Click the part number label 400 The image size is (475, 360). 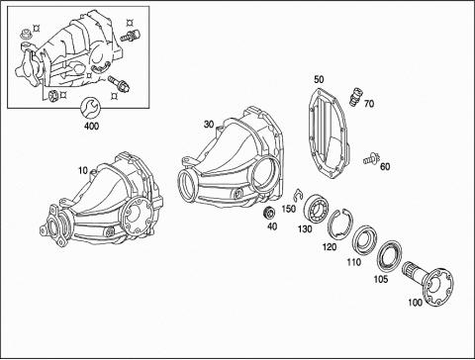point(91,126)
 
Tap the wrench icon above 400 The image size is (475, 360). point(89,107)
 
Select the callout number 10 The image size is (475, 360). point(83,170)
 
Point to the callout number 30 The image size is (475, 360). point(209,125)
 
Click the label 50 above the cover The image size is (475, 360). point(319,79)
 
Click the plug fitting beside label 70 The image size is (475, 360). point(355,96)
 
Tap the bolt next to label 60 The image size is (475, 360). point(372,158)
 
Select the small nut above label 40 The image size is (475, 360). point(269,213)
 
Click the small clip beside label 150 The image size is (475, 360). point(297,195)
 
